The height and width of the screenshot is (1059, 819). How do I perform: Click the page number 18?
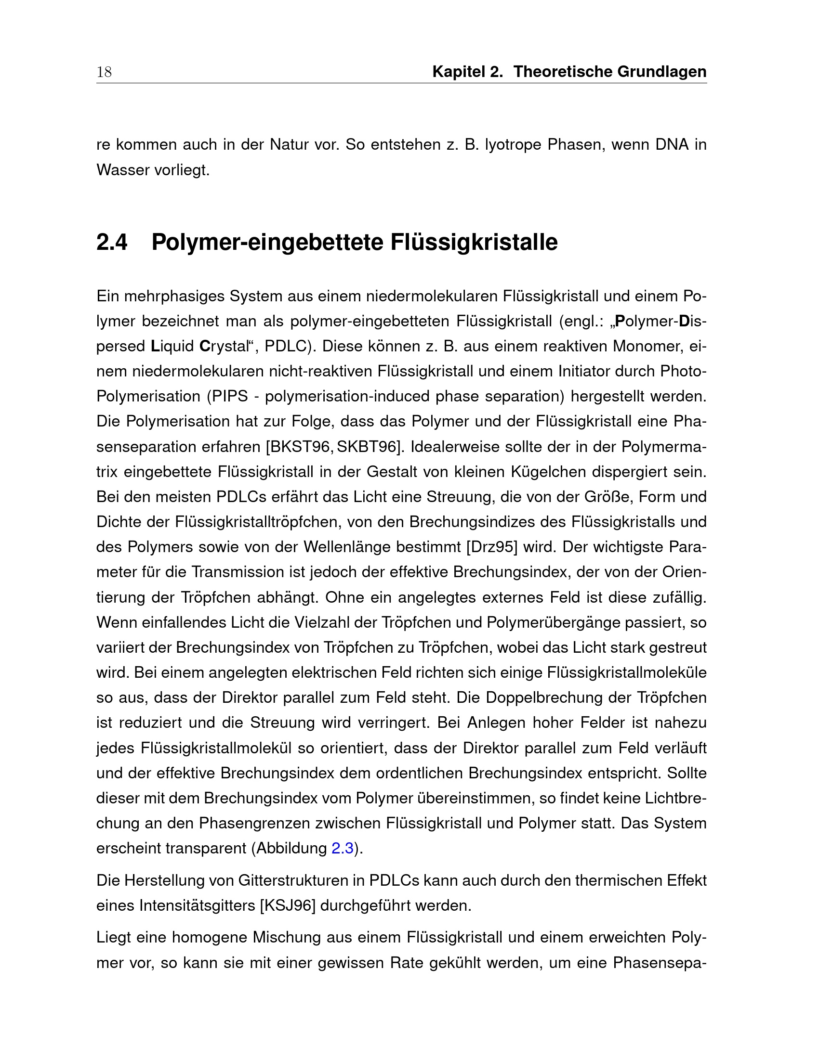click(x=105, y=72)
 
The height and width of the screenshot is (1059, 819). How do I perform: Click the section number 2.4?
click(x=112, y=243)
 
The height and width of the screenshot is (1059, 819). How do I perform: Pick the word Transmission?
click(x=237, y=572)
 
